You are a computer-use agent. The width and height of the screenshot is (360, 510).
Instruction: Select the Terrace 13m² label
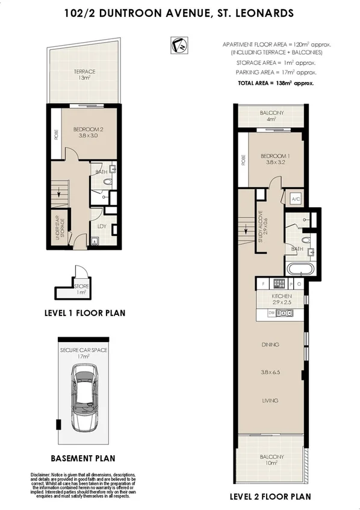tap(85, 74)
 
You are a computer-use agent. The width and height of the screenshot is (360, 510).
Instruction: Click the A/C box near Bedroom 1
tap(296, 199)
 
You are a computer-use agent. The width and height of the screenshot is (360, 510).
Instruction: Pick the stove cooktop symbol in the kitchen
tap(279, 284)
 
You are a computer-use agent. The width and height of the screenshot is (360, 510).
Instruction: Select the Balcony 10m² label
tap(270, 460)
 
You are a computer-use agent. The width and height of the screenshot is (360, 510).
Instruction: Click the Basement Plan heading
tap(82, 457)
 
